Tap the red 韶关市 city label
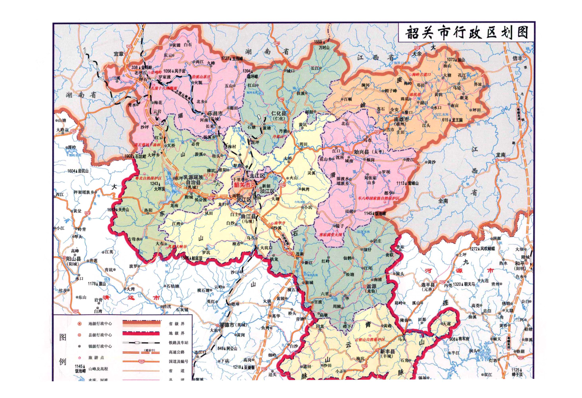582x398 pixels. pos(242,185)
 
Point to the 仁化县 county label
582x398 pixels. pos(279,113)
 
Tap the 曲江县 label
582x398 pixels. pos(248,216)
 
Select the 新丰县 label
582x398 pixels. pos(387,351)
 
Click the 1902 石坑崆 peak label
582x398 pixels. pos(135,156)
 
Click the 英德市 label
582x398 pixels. pos(227,325)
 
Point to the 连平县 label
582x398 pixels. pos(428,285)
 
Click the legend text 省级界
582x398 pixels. pos(177,324)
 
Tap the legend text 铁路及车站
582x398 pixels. pos(178,343)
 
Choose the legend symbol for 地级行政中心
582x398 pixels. pos(79,324)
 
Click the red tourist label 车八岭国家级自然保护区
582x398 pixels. pos(378,198)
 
